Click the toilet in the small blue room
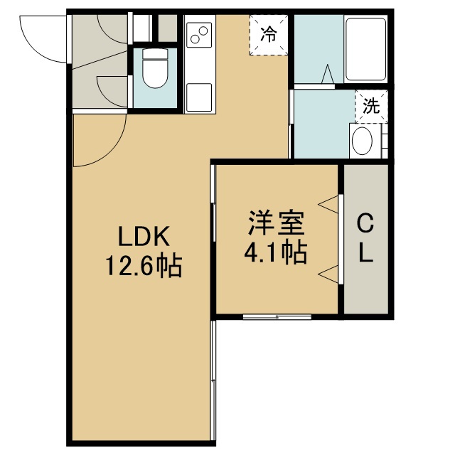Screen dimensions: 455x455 (155, 68)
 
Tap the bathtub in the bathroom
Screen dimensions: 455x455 (366, 49)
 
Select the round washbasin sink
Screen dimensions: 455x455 (362, 141)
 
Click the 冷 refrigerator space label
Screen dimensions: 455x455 (269, 35)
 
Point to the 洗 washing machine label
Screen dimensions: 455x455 (372, 106)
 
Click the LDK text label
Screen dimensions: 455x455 (144, 237)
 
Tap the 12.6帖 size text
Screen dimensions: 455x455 (144, 265)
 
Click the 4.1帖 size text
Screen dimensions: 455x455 (276, 252)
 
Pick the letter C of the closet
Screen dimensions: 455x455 (365, 223)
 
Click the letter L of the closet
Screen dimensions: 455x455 (366, 252)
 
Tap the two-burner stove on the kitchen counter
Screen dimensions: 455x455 (199, 35)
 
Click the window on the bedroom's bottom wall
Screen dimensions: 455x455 (277, 317)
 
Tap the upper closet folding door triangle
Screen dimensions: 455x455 (328, 205)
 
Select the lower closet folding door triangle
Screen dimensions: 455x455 (328, 273)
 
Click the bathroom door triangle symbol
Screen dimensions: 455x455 (328, 74)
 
